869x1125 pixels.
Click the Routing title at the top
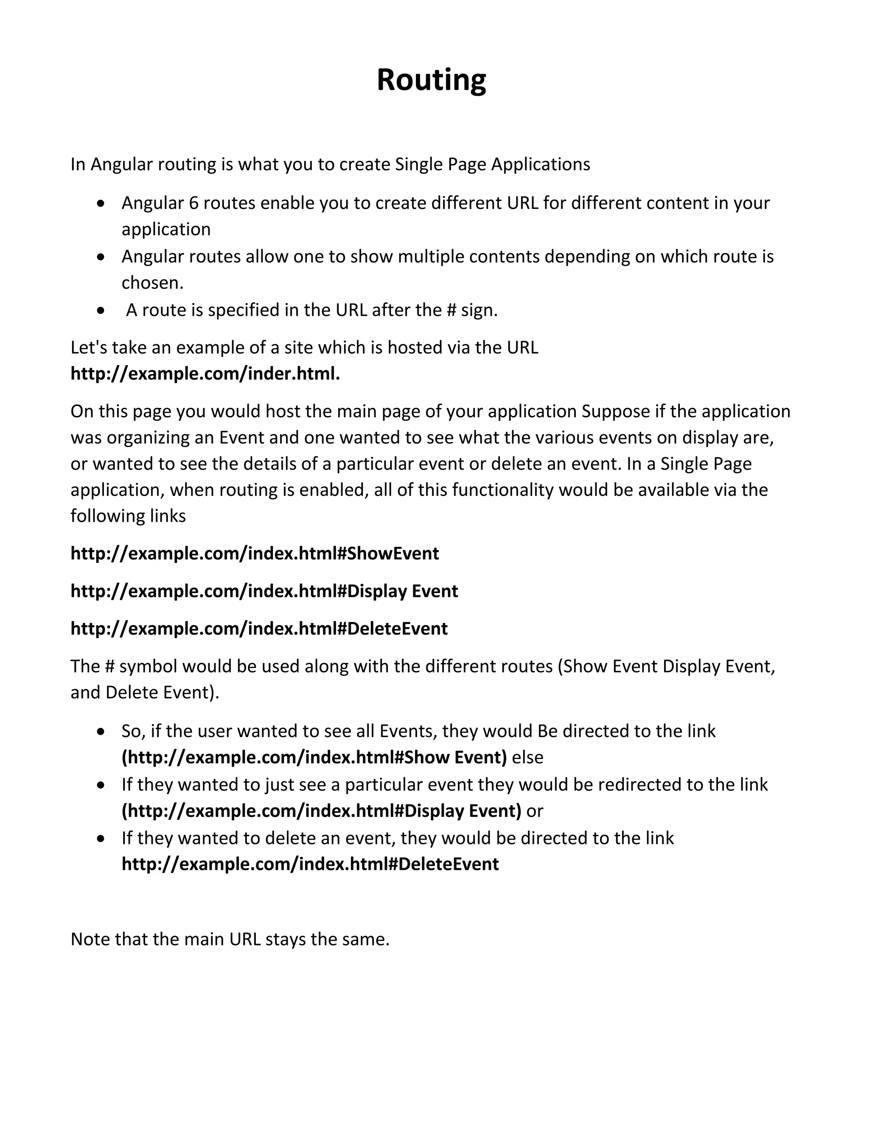432,80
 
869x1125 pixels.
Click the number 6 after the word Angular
193,203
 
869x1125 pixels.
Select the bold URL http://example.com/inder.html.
205,374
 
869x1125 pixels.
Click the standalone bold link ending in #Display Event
264,591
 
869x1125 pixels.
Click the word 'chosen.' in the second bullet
152,283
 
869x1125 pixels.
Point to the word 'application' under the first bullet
166,229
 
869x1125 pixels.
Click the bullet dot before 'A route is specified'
101,311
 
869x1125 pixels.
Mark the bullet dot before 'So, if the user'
101,731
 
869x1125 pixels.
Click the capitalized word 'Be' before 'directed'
547,731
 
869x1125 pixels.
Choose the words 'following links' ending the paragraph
128,516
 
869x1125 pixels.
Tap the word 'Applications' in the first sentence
541,164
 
